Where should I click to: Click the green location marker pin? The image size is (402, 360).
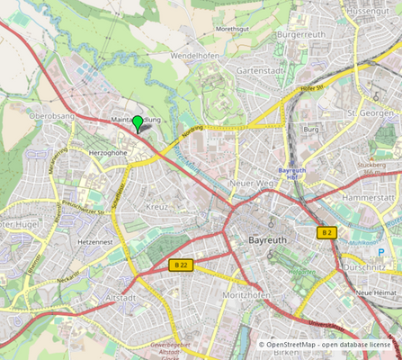tap(137, 122)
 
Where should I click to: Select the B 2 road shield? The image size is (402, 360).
tap(326, 232)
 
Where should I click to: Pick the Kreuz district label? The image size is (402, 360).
tap(156, 207)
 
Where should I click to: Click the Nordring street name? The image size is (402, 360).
tap(192, 130)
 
